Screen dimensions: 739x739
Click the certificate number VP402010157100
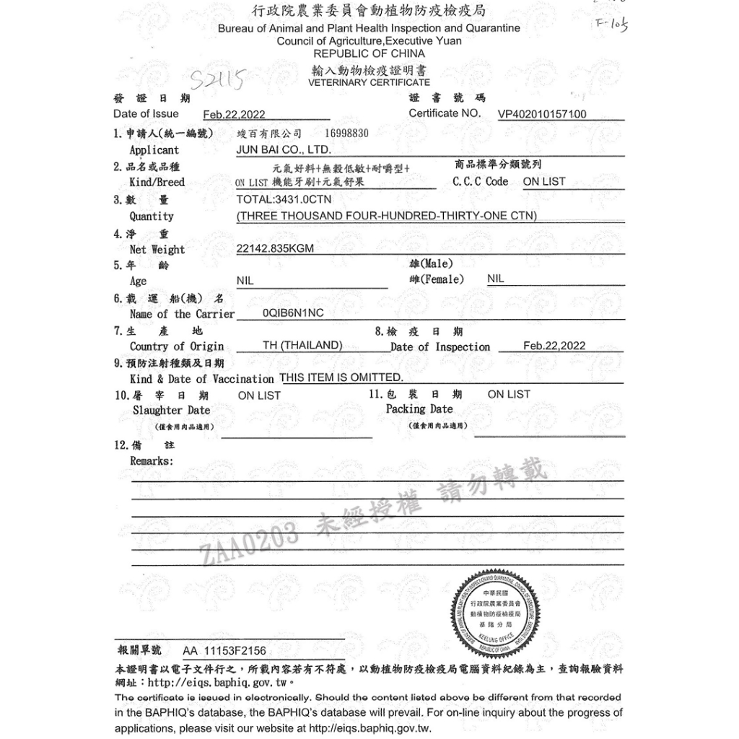tap(542, 114)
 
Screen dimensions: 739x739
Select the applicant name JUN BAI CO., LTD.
tap(284, 150)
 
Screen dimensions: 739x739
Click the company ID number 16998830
tap(346, 134)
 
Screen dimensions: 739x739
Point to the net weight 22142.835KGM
tap(275, 248)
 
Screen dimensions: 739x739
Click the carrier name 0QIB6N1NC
tap(293, 314)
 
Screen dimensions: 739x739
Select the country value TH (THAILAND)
tap(302, 346)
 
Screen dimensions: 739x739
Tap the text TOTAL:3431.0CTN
tap(284, 199)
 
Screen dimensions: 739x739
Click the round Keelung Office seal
tap(497, 608)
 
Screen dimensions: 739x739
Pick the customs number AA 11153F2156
tap(224, 651)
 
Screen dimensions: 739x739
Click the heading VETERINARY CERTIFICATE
tap(369, 82)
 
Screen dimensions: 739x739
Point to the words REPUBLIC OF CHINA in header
tap(369, 53)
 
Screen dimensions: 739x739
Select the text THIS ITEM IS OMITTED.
tap(341, 377)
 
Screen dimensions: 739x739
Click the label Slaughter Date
tap(171, 410)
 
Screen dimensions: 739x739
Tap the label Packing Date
tap(419, 408)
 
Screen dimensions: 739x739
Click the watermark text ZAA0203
tap(249, 545)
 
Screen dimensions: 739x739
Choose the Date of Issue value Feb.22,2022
tap(234, 115)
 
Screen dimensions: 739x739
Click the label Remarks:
tap(152, 460)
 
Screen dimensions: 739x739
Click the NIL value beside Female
tap(496, 279)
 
